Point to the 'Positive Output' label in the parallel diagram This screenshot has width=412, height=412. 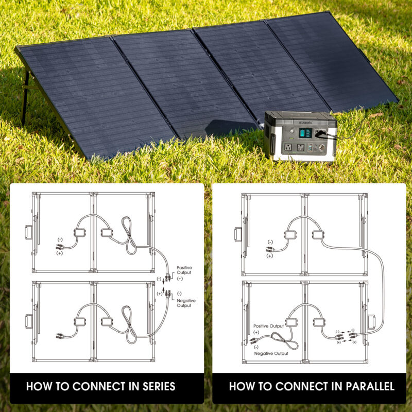tap(268, 326)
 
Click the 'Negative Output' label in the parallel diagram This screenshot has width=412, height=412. tap(271, 353)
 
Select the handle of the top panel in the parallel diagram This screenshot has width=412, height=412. tap(238, 234)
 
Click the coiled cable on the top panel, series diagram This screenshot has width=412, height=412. tap(128, 235)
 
